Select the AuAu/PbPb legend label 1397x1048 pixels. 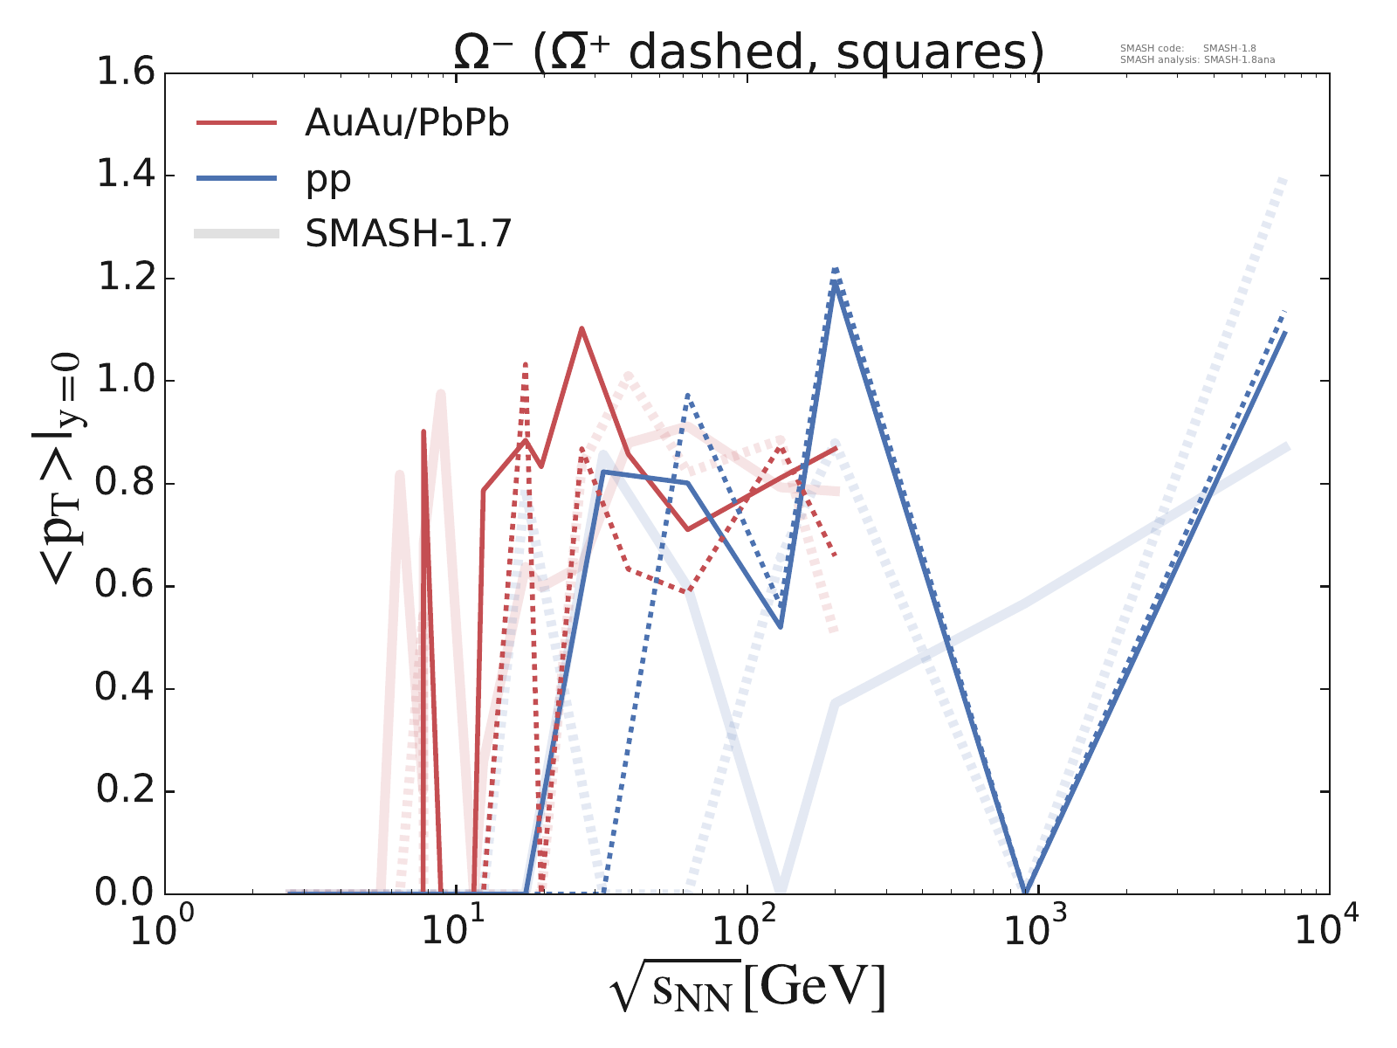point(407,124)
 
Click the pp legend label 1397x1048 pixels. point(328,179)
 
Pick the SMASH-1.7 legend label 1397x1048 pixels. point(408,234)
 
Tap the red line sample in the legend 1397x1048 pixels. point(237,123)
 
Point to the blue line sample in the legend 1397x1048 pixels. point(237,178)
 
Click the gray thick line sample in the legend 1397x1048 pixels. point(237,233)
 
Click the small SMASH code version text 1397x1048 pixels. point(1187,49)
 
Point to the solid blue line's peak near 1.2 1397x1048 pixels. point(836,282)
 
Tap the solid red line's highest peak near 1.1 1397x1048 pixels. point(582,328)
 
